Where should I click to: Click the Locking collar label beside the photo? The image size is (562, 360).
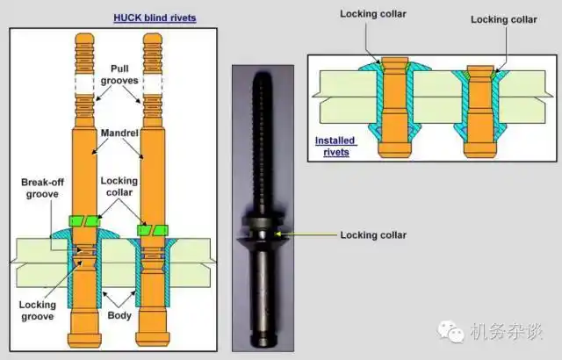coord(373,234)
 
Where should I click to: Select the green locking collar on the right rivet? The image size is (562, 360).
coord(150,229)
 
